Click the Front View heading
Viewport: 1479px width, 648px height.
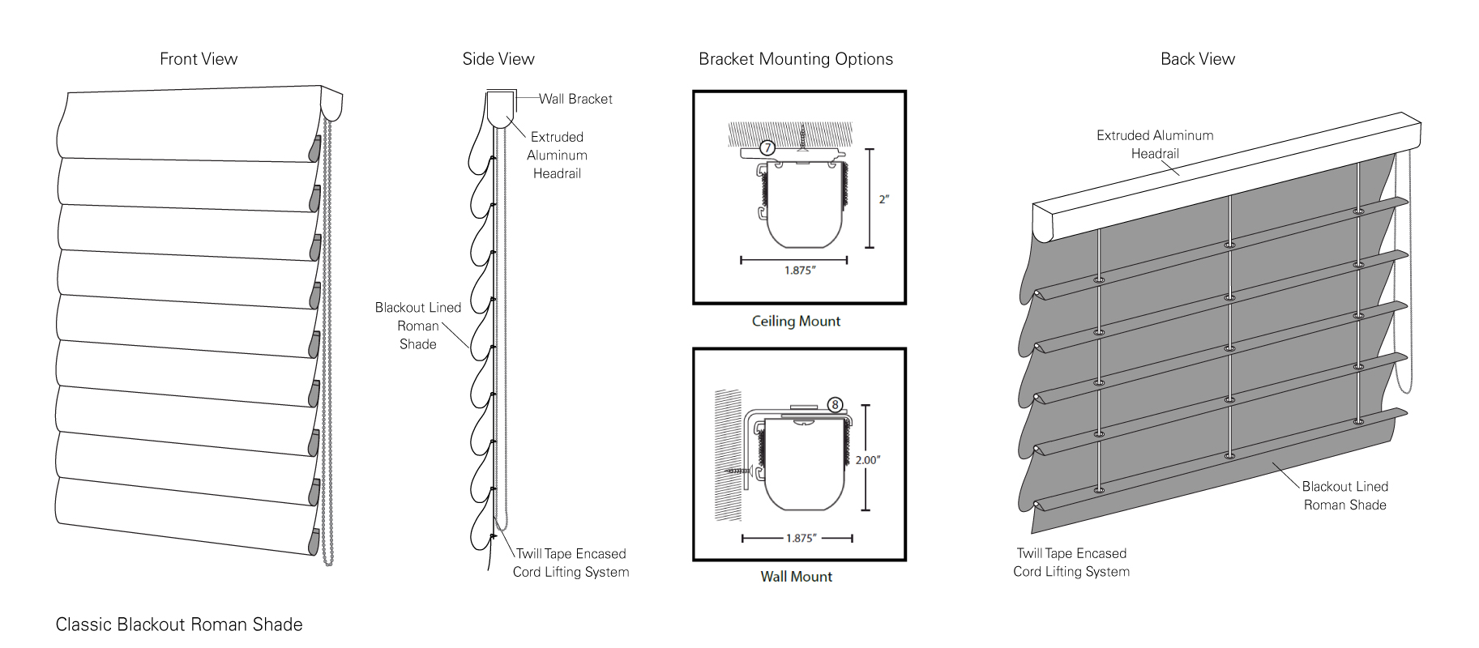(199, 59)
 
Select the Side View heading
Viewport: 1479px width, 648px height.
(498, 59)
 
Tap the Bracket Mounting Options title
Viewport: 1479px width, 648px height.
(796, 59)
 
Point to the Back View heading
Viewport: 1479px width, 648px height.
(1198, 59)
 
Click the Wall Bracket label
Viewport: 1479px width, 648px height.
(575, 99)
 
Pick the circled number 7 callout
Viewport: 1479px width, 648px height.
(767, 147)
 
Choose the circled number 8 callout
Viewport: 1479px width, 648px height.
(835, 405)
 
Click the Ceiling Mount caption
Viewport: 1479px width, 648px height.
(796, 322)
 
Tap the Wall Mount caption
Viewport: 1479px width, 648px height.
(796, 577)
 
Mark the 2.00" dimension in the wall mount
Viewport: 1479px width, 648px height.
(867, 460)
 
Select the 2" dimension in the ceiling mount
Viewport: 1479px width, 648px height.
(884, 199)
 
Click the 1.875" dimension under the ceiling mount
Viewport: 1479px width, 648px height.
(799, 271)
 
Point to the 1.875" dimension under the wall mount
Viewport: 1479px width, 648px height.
(801, 539)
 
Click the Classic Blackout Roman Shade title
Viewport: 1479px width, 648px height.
(179, 625)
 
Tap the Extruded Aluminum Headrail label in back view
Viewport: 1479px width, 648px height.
(1155, 144)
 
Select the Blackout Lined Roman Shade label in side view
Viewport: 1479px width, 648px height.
(418, 326)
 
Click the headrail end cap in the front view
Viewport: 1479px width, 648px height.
(331, 104)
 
